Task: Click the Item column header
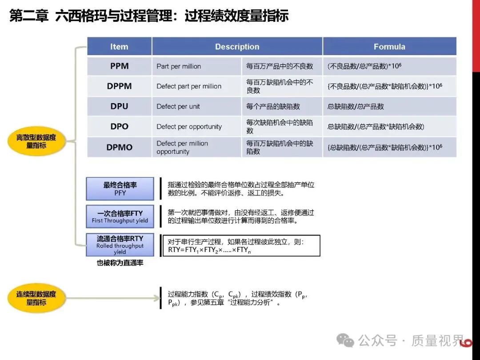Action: coord(119,47)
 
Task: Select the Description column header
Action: coord(237,47)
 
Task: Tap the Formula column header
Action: coord(389,47)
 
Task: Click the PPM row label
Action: coord(119,66)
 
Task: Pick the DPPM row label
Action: coord(119,86)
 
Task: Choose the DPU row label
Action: coord(119,106)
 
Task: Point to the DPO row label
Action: coord(119,127)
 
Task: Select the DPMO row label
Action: coord(119,147)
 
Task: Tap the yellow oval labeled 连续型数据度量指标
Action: coord(36,298)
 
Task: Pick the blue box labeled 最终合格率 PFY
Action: coord(120,188)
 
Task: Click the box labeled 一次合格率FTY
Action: coord(120,216)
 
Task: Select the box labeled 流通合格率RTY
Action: coord(120,245)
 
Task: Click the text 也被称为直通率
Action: coord(120,263)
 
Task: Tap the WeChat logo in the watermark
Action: coord(345,340)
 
